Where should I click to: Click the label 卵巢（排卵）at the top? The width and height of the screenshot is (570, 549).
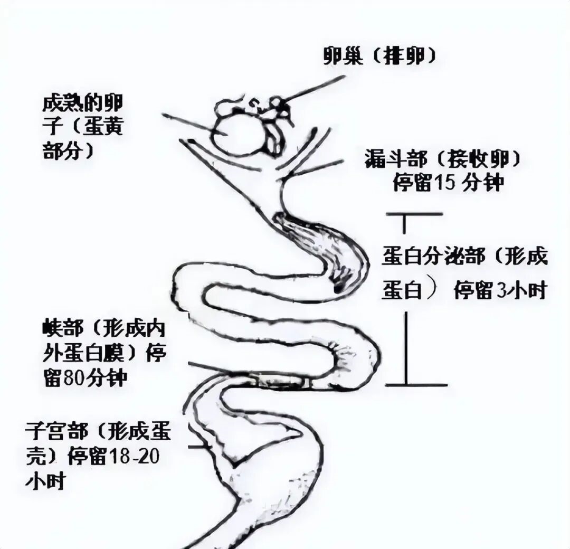click(x=379, y=56)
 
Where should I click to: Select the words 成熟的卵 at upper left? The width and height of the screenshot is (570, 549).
click(x=82, y=103)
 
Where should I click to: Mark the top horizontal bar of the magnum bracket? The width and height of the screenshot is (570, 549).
click(x=414, y=214)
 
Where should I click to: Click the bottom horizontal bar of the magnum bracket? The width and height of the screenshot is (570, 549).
click(x=416, y=385)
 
